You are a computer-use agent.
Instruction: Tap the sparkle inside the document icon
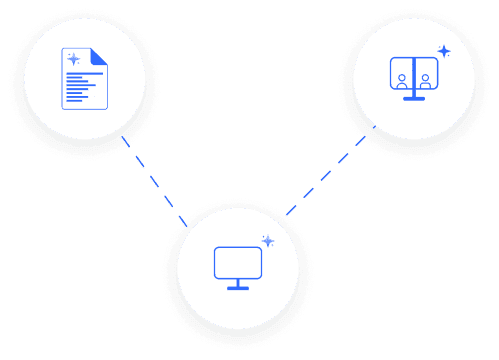(73, 60)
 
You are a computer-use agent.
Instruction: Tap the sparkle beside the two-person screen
(443, 51)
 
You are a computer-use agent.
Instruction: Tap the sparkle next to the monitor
(267, 240)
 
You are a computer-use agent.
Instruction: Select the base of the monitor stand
(238, 288)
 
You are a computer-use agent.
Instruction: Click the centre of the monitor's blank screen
(238, 262)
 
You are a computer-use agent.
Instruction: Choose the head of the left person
(401, 76)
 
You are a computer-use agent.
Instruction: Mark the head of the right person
(425, 76)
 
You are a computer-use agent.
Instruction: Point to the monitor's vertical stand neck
(238, 283)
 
